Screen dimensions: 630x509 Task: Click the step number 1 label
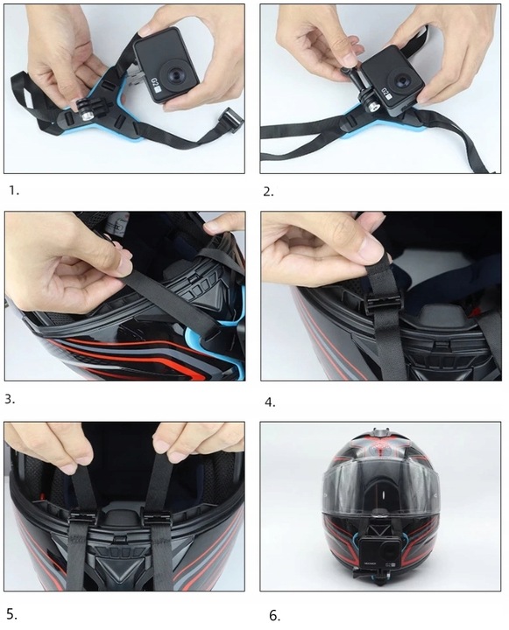(x=11, y=190)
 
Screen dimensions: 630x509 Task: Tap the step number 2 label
(x=268, y=191)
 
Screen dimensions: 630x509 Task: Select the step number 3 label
(x=11, y=399)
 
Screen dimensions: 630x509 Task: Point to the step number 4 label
(x=270, y=402)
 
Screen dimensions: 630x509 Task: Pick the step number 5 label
(x=11, y=612)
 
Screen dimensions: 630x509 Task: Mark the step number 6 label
(x=274, y=616)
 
